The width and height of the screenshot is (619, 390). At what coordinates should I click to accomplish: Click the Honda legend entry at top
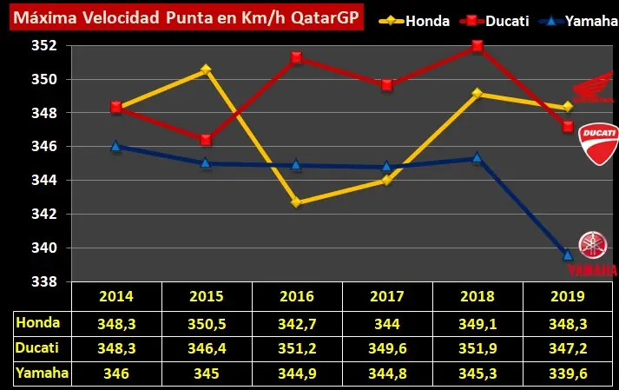[x=414, y=21]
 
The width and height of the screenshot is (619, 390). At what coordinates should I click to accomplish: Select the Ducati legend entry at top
[x=495, y=21]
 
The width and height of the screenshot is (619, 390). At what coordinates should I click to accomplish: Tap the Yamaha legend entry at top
[x=578, y=21]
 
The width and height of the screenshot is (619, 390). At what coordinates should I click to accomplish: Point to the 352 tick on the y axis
[x=44, y=45]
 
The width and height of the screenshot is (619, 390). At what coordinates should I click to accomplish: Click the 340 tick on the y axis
[x=44, y=248]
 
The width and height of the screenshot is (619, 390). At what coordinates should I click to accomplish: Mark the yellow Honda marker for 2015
[x=206, y=69]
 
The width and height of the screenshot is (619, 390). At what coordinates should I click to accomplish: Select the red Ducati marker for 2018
[x=477, y=46]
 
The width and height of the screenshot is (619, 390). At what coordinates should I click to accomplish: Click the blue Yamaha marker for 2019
[x=568, y=254]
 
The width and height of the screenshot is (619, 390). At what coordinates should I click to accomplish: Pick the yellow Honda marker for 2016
[x=296, y=202]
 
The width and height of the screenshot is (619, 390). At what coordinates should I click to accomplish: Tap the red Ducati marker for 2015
[x=206, y=140]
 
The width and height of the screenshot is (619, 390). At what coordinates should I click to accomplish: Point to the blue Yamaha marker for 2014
[x=115, y=146]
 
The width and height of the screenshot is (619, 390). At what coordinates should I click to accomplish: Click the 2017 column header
[x=387, y=296]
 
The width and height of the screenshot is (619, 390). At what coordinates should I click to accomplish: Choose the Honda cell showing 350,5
[x=207, y=324]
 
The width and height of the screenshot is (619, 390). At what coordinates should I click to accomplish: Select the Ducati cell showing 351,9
[x=477, y=348]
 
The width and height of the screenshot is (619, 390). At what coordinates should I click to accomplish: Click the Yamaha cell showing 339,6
[x=568, y=373]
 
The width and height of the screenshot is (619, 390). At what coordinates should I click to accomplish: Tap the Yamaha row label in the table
[x=42, y=373]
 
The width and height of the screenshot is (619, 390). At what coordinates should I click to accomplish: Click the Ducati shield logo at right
[x=598, y=144]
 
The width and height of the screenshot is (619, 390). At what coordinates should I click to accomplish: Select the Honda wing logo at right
[x=593, y=87]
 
